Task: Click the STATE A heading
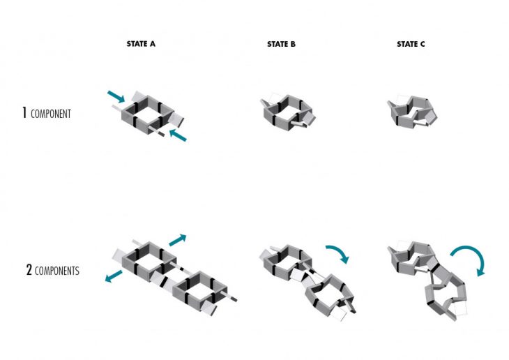(x=141, y=44)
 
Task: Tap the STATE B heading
(x=282, y=44)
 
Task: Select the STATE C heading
(x=411, y=44)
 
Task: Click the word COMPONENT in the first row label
(x=51, y=114)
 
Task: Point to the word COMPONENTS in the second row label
(x=56, y=271)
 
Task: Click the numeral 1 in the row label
(x=24, y=112)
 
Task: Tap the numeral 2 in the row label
(x=29, y=270)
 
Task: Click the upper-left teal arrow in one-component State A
(x=116, y=97)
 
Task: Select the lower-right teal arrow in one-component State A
(x=178, y=135)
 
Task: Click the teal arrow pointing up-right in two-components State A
(x=178, y=240)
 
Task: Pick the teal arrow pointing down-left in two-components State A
(x=114, y=276)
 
